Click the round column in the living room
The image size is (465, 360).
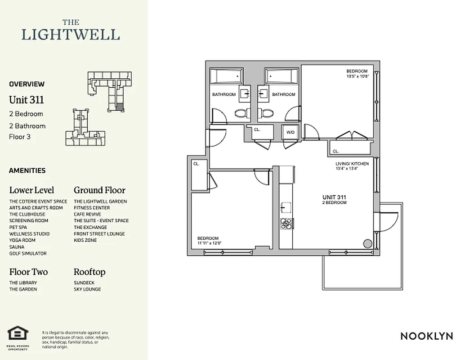[x=367, y=244]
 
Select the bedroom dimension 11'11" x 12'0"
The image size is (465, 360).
[x=210, y=243]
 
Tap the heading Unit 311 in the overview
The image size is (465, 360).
[x=27, y=99]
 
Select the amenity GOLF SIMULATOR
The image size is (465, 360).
[x=28, y=253]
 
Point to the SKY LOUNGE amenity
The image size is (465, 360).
[x=87, y=289]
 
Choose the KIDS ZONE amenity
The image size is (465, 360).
[x=85, y=240]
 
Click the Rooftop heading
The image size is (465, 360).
[x=89, y=272]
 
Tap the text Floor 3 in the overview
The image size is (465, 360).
[x=20, y=137]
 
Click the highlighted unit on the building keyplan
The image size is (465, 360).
[x=119, y=107]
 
